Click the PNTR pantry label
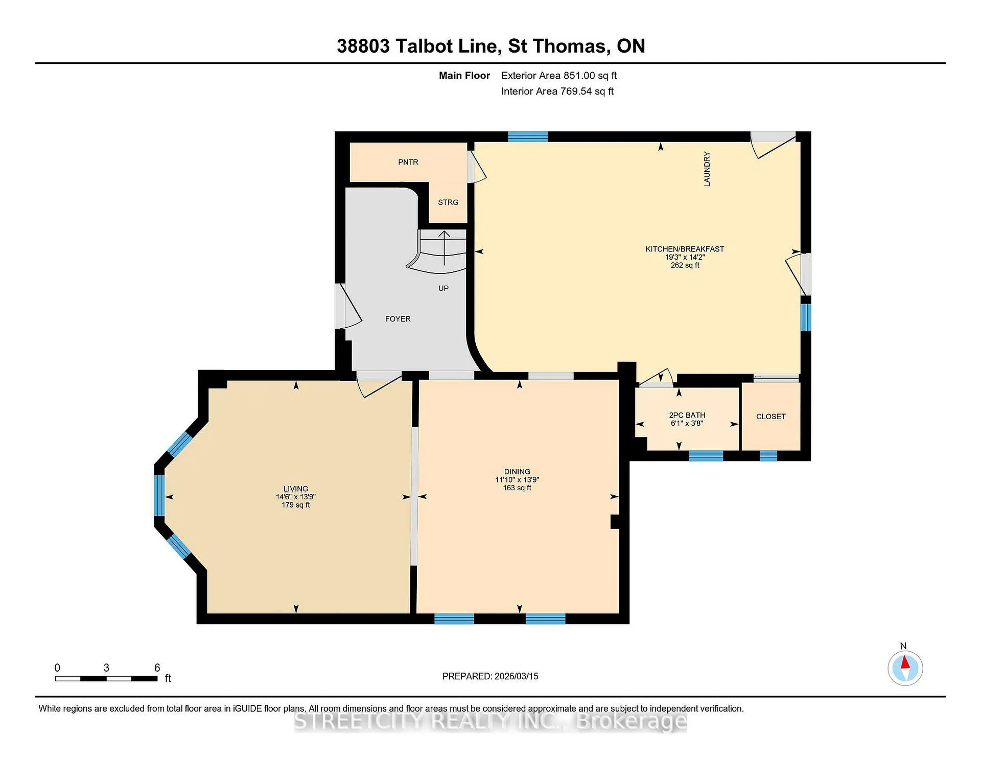408,162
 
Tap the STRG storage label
448,202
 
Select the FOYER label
398,319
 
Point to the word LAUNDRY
707,169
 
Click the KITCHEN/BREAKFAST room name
685,249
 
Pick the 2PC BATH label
687,416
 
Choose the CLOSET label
770,417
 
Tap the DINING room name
517,472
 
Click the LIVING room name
296,489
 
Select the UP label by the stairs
443,288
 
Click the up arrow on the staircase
445,248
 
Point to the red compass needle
905,662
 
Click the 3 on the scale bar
106,668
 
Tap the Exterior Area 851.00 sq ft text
559,76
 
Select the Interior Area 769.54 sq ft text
557,91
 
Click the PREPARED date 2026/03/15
516,676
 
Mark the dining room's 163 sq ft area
517,488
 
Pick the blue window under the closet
768,456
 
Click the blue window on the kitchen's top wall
528,136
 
